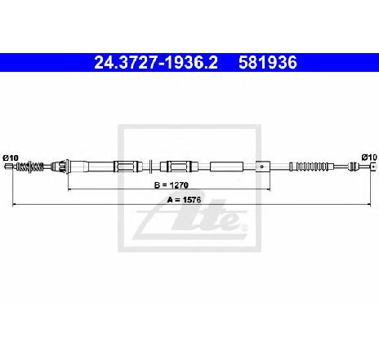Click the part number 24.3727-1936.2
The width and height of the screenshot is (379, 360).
point(156,63)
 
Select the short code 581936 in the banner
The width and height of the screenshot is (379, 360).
point(268,63)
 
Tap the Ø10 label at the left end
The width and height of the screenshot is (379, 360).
point(11,158)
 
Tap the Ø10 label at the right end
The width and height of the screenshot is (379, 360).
point(369,158)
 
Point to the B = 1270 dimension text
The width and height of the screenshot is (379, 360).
point(172,185)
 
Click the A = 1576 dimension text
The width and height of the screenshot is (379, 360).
point(184,200)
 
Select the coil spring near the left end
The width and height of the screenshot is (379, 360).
point(29,167)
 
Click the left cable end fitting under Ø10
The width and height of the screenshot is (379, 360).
point(9,167)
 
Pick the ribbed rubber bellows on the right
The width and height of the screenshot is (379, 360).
point(309,167)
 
